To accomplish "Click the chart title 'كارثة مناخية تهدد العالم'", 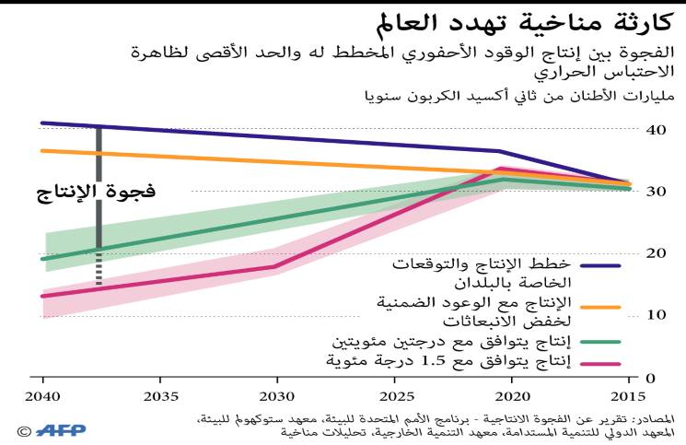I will (x=529, y=22).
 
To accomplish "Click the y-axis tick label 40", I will (x=657, y=130).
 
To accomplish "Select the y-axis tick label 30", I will (x=657, y=192).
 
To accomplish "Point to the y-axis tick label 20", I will (x=657, y=253).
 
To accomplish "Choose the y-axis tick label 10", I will (x=657, y=315).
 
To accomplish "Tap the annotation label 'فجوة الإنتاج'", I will (x=96, y=193).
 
